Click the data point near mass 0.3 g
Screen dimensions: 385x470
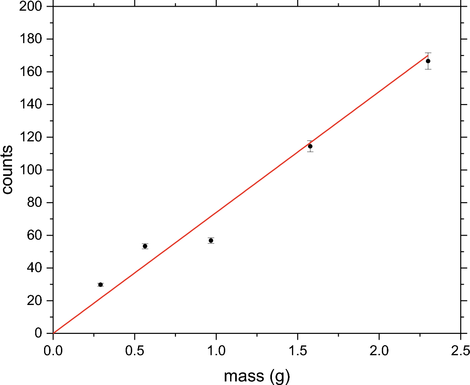point(101,285)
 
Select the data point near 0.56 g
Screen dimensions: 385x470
point(145,246)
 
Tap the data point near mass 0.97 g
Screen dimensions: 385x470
point(211,241)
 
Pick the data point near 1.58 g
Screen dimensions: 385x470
point(310,146)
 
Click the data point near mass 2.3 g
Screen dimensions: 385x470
point(428,61)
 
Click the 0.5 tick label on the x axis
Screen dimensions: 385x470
point(134,349)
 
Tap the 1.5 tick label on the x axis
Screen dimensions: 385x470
point(298,349)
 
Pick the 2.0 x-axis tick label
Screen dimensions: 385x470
point(379,349)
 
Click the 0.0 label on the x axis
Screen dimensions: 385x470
point(53,349)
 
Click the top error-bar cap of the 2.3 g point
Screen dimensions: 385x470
point(428,53)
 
